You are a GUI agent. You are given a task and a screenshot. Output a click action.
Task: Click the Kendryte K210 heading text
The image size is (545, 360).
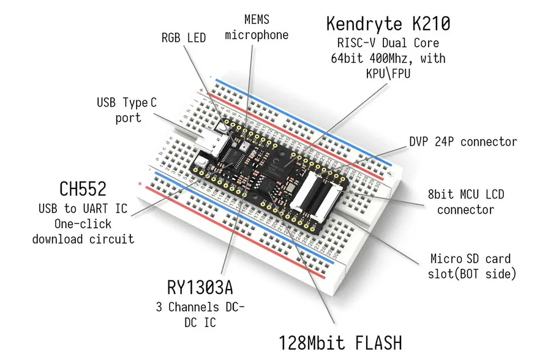pyautogui.click(x=388, y=24)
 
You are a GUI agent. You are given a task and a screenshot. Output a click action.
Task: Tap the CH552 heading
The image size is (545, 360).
pyautogui.click(x=82, y=189)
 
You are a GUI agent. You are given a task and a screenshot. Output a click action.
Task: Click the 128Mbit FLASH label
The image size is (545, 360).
pyautogui.click(x=341, y=342)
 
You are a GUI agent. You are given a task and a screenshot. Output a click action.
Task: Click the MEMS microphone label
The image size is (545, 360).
pyautogui.click(x=256, y=28)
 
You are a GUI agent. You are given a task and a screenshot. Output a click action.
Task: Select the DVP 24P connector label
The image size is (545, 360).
pyautogui.click(x=463, y=141)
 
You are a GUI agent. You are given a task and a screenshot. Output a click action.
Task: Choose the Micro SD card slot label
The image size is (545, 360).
pyautogui.click(x=472, y=266)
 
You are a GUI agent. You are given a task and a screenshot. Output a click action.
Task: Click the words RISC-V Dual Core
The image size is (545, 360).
pyautogui.click(x=388, y=43)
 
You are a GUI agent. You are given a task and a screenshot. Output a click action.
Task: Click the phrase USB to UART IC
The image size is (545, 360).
pyautogui.click(x=83, y=209)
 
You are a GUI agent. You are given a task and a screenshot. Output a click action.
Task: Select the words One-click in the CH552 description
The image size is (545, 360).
pyautogui.click(x=83, y=223)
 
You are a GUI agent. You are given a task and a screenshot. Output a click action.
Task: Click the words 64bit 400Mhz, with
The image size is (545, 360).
pyautogui.click(x=388, y=59)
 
